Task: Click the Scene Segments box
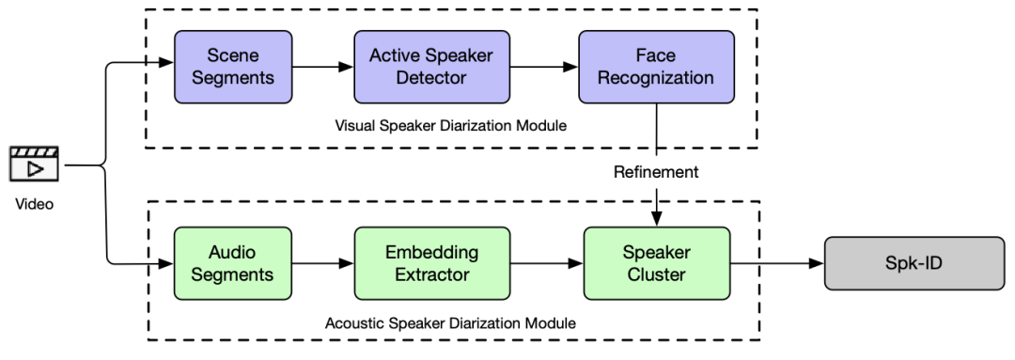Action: click(233, 67)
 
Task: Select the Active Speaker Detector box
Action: click(431, 67)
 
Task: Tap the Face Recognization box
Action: click(656, 67)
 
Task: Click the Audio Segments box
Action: click(233, 264)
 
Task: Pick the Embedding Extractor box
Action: click(431, 264)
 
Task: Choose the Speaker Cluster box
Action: click(656, 264)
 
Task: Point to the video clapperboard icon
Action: click(33, 164)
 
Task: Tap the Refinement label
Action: click(656, 172)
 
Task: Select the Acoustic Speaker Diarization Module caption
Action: click(450, 323)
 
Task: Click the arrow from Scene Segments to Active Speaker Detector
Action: click(322, 67)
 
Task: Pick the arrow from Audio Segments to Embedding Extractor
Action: click(322, 264)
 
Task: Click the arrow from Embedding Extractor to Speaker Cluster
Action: click(546, 264)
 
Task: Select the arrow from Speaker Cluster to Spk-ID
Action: click(776, 264)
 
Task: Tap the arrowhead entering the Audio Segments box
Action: click(167, 264)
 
